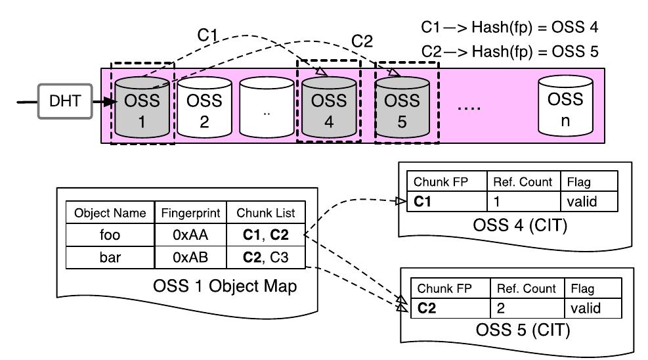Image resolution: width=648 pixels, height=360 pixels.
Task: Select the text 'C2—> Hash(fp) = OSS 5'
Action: click(x=509, y=51)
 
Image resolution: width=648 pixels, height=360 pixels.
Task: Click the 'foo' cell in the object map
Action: click(x=110, y=235)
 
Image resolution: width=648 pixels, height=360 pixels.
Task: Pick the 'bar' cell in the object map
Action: click(x=110, y=258)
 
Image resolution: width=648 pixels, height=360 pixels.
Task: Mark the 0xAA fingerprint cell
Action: click(x=190, y=235)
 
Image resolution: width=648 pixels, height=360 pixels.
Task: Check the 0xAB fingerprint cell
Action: click(x=190, y=258)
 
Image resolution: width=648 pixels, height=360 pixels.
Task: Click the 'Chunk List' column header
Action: click(x=265, y=213)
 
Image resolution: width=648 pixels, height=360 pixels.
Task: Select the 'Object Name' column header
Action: click(x=110, y=213)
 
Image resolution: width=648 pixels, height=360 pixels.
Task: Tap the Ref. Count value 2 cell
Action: click(x=528, y=309)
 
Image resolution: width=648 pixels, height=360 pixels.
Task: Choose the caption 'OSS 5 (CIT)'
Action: click(x=504, y=330)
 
